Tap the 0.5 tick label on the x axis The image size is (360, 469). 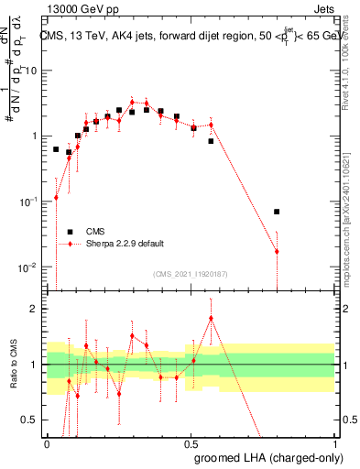[191, 442]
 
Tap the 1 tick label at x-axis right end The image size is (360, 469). [333, 442]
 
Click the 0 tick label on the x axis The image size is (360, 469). [48, 442]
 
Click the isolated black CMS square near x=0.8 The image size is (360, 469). [277, 212]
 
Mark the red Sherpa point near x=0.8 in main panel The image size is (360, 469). [277, 251]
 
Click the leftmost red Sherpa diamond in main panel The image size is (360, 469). [56, 197]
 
